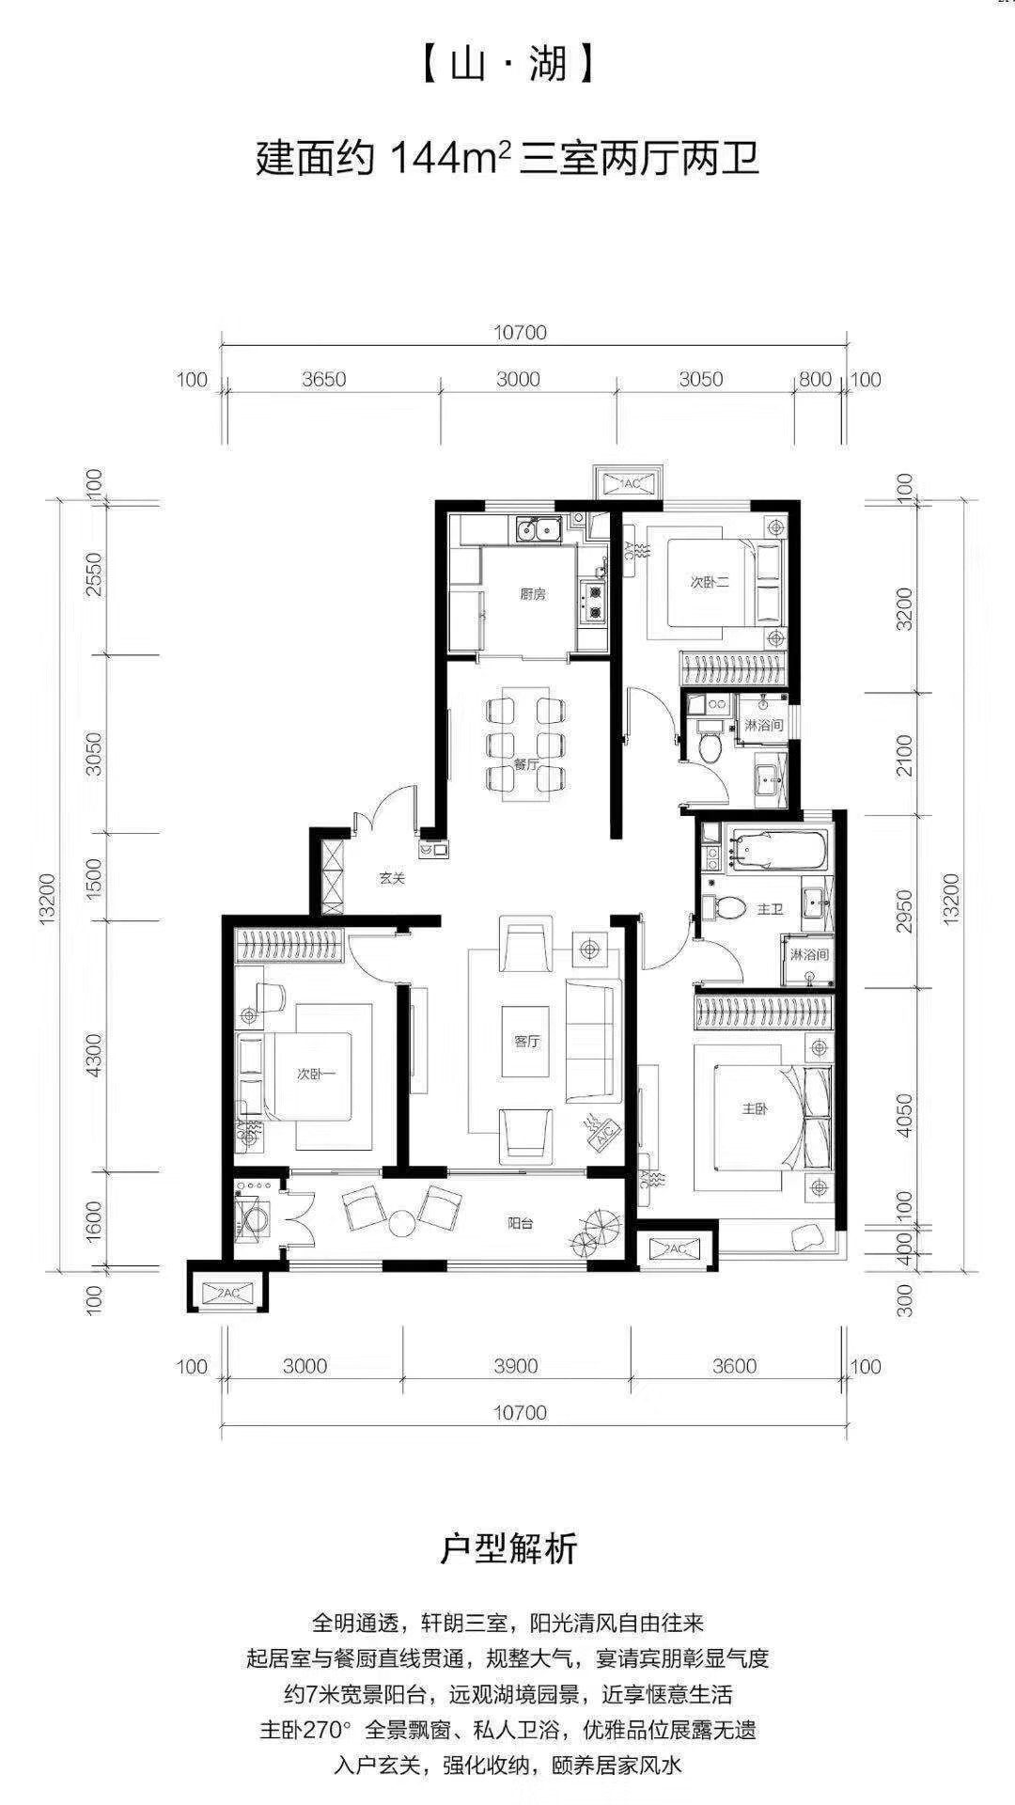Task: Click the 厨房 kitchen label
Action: [532, 594]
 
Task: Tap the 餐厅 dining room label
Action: [525, 765]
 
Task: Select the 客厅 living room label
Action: [526, 1042]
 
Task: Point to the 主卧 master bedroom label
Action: [755, 1109]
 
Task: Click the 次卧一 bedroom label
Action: [317, 1074]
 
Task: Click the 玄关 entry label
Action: [392, 879]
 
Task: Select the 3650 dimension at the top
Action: [324, 380]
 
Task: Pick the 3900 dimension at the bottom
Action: [516, 1366]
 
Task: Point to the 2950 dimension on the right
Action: [904, 910]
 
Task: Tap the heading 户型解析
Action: [508, 1548]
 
